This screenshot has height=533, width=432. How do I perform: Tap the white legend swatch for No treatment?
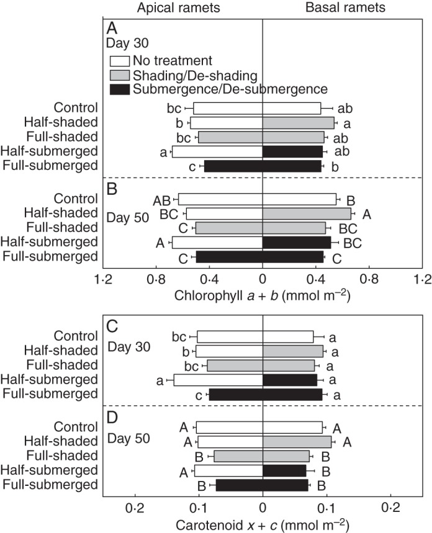click(128, 61)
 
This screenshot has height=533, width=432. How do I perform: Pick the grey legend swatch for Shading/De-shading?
click(128, 75)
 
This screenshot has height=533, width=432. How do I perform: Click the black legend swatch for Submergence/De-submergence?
click(128, 89)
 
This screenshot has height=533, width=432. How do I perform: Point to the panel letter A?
click(112, 29)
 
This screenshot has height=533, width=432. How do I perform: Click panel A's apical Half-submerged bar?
click(217, 151)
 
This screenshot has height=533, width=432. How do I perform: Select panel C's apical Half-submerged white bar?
click(218, 380)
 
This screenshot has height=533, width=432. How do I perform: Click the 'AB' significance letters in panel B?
click(161, 200)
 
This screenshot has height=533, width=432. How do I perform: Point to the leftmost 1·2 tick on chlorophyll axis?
click(103, 279)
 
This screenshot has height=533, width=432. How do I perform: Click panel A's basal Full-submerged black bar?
click(292, 166)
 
